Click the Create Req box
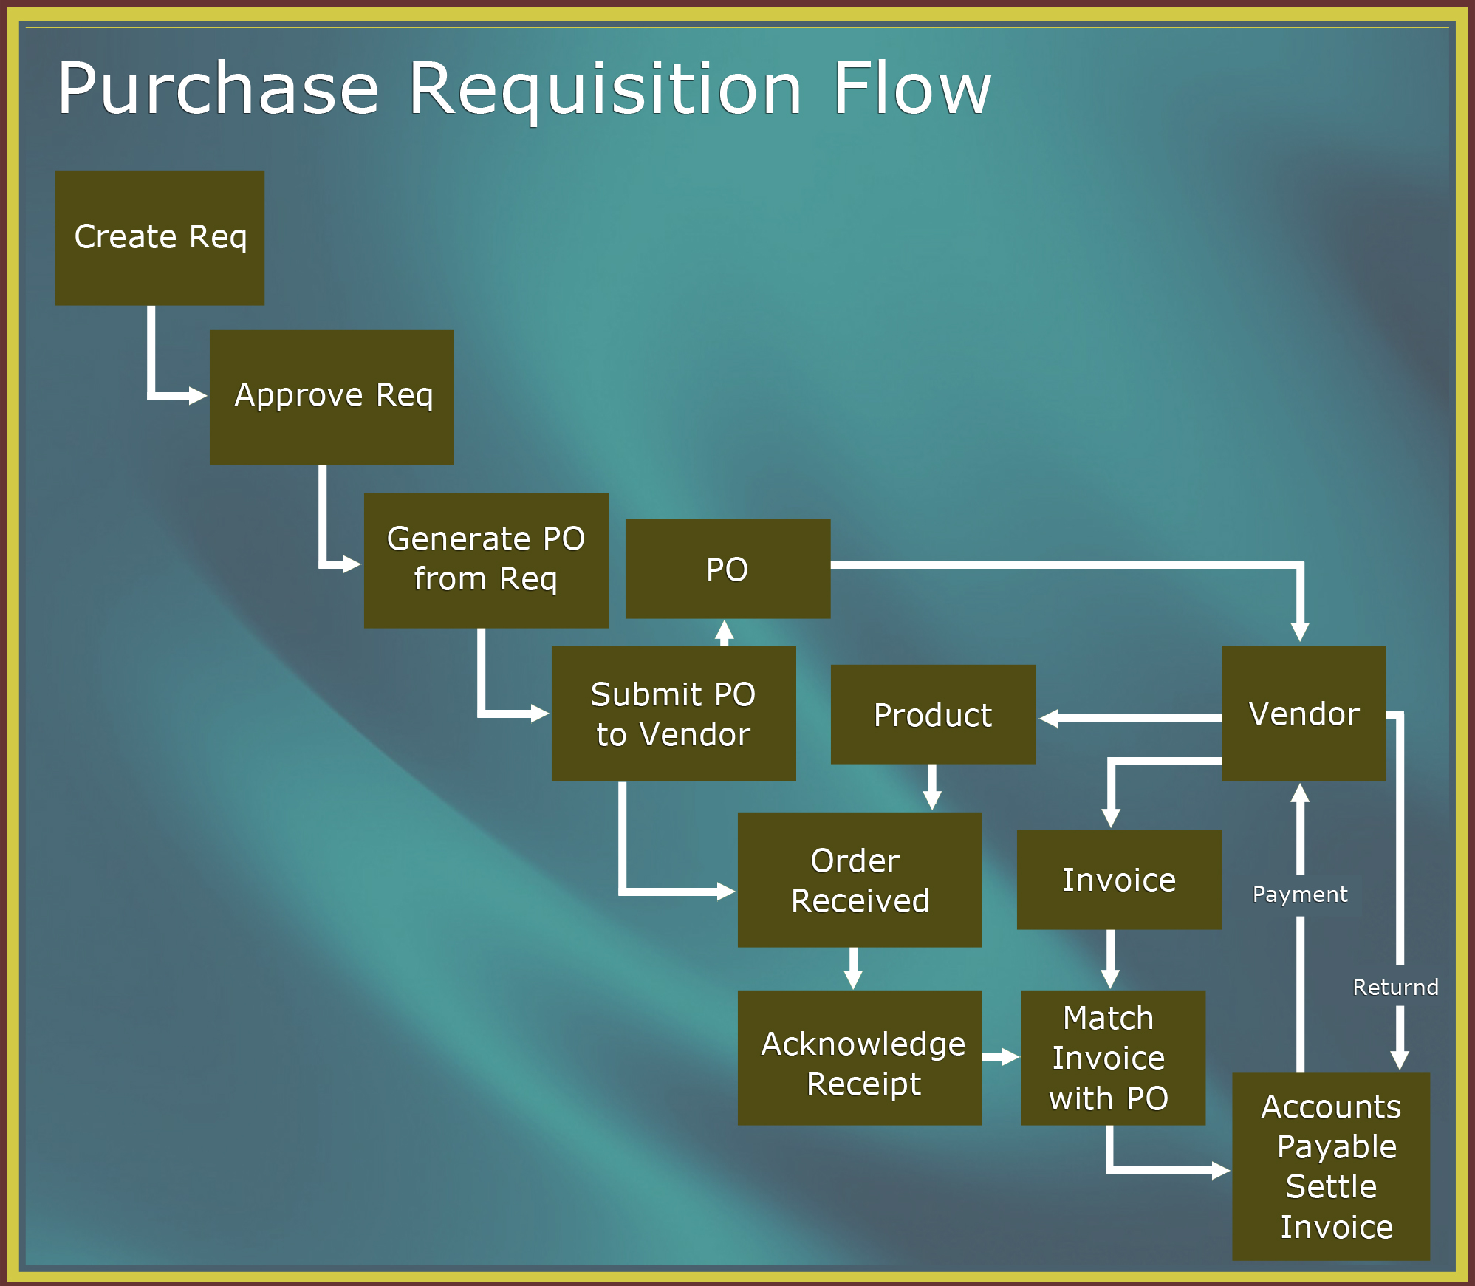(160, 238)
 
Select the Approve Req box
(332, 397)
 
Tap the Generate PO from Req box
(486, 561)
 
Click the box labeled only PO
(728, 569)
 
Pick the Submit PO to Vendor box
(674, 714)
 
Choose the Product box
(933, 714)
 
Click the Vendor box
(1304, 714)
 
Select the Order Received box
(860, 880)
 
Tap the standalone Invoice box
(1119, 880)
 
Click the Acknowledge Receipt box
(860, 1058)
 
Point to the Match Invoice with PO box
(1113, 1058)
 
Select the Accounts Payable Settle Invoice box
(1331, 1166)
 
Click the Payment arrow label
(1300, 895)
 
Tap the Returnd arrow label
(1395, 988)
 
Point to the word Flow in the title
(912, 88)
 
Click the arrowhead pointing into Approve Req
(198, 396)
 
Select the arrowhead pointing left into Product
(1049, 718)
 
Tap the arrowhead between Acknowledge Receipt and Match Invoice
(1010, 1057)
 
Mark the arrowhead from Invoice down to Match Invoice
(1110, 979)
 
